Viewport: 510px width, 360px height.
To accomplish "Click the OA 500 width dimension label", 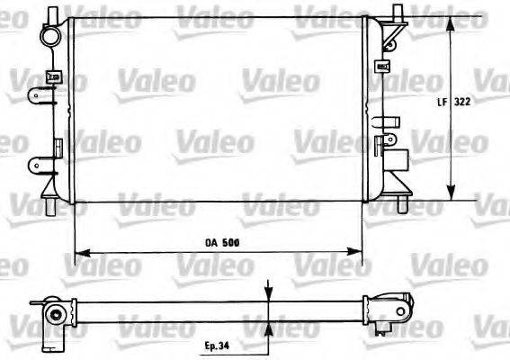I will [219, 241].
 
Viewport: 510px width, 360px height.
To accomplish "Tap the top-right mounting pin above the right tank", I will [395, 13].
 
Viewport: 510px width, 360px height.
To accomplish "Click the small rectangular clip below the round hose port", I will [54, 76].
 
